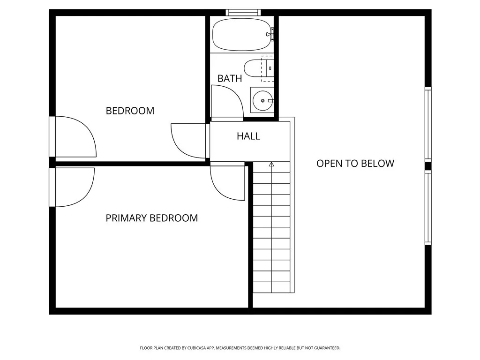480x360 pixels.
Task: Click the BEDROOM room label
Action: click(x=130, y=111)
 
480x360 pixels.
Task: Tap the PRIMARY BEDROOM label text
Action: click(x=151, y=218)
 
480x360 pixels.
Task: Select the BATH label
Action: click(x=230, y=79)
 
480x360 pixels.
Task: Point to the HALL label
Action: click(x=248, y=136)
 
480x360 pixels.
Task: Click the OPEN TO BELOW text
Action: click(x=355, y=164)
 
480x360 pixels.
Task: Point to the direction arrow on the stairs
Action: click(x=271, y=165)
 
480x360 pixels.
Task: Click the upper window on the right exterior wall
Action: click(x=427, y=124)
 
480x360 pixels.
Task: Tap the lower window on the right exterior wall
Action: click(x=427, y=208)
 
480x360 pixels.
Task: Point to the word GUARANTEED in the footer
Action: click(x=326, y=348)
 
